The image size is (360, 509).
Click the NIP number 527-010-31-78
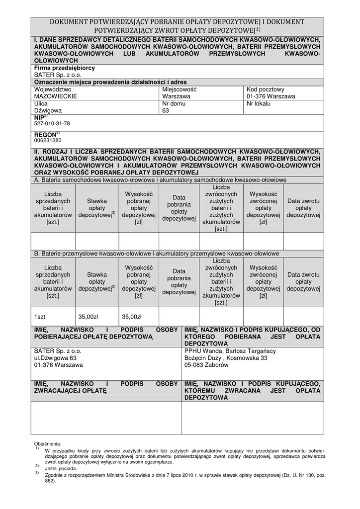pos(52,123)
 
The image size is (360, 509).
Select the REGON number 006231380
pos(48,141)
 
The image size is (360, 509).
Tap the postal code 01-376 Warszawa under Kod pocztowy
pos(270,96)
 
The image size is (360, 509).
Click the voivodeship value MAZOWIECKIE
pos(55,96)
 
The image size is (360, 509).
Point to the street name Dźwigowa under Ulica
pos(48,111)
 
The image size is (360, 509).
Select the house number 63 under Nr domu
pos(166,111)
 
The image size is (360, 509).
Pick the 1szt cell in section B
pos(40,317)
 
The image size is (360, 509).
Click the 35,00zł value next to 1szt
pos(89,317)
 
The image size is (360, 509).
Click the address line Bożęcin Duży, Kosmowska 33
pos(226,358)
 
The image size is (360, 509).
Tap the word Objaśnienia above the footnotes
pos(48,443)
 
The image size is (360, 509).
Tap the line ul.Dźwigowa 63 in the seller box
pos(55,358)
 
